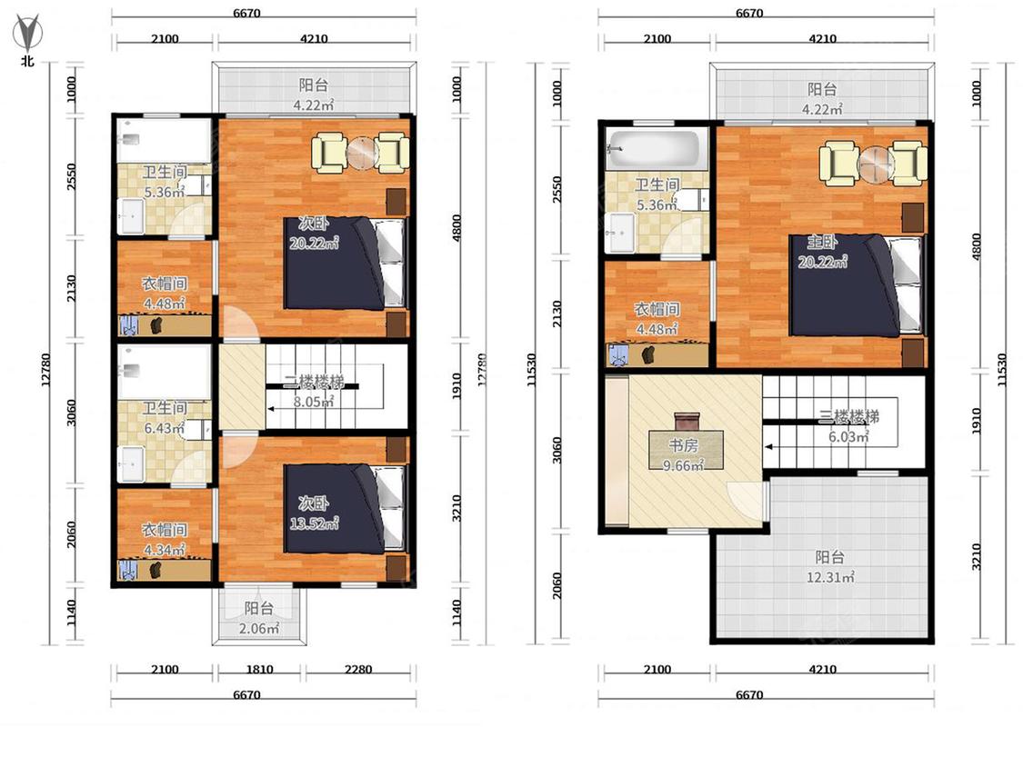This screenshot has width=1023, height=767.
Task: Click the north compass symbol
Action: pyautogui.click(x=27, y=35)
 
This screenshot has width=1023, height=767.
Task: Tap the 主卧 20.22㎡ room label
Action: pyautogui.click(x=822, y=252)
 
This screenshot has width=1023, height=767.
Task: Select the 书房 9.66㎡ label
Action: pyautogui.click(x=683, y=455)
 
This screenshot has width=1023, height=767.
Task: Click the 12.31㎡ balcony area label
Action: pyautogui.click(x=830, y=567)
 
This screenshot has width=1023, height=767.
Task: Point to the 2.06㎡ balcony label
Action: pyautogui.click(x=258, y=618)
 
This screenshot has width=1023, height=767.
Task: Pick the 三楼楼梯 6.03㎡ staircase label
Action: pyautogui.click(x=848, y=426)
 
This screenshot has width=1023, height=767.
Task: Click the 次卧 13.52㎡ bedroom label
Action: pyautogui.click(x=314, y=513)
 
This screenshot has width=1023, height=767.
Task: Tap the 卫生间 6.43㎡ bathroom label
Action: pyautogui.click(x=164, y=418)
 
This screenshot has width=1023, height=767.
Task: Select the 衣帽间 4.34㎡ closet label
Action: pyautogui.click(x=165, y=540)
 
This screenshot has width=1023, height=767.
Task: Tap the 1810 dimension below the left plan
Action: pyautogui.click(x=259, y=669)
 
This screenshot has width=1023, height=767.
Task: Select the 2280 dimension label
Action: pyautogui.click(x=358, y=669)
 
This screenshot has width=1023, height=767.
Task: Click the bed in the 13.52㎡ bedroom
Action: pyautogui.click(x=345, y=508)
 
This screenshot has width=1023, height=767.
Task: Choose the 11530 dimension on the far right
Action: pyautogui.click(x=1001, y=370)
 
